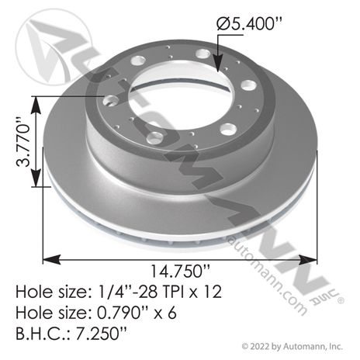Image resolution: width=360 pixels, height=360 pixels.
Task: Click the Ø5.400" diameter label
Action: point(248,24)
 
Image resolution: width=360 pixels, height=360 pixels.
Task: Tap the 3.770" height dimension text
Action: point(24,143)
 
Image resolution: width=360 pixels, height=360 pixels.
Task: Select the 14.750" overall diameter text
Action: point(180,272)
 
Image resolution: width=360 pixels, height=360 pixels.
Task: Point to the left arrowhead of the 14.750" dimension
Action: point(51,259)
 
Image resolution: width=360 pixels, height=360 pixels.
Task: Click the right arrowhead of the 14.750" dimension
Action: point(308,259)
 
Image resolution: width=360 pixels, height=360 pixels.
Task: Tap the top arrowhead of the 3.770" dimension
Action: point(36,106)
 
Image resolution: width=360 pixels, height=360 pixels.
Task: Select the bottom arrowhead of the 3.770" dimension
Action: point(36,178)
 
